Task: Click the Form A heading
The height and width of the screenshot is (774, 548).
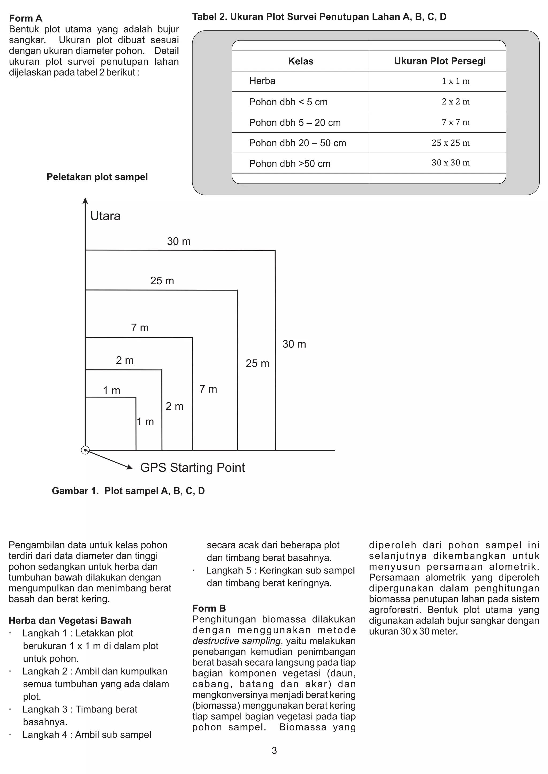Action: [x=26, y=18]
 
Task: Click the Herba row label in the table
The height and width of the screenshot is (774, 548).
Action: [x=262, y=81]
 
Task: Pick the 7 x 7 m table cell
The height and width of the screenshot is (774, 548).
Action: [x=455, y=122]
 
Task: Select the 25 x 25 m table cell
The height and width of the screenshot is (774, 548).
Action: [x=451, y=143]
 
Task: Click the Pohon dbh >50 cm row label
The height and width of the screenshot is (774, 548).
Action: [x=290, y=164]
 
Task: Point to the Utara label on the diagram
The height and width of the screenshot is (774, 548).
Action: [x=105, y=216]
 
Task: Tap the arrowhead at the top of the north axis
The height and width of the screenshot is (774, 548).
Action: [x=85, y=201]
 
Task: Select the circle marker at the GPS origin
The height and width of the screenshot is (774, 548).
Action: [x=85, y=450]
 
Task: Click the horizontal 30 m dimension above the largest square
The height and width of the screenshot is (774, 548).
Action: [x=178, y=241]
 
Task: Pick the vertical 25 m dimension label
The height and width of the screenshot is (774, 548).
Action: [x=257, y=363]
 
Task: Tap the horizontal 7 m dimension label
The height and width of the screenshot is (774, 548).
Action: [x=140, y=327]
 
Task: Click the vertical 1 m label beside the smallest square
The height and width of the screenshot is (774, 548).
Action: [x=146, y=421]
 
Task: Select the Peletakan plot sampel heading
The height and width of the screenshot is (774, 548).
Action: [x=97, y=177]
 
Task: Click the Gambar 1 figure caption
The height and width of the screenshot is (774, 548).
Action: [x=128, y=491]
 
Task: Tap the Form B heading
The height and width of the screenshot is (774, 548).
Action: [x=209, y=608]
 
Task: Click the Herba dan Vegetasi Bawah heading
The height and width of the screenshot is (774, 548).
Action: [x=70, y=620]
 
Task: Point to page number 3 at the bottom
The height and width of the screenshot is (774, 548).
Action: [x=274, y=750]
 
